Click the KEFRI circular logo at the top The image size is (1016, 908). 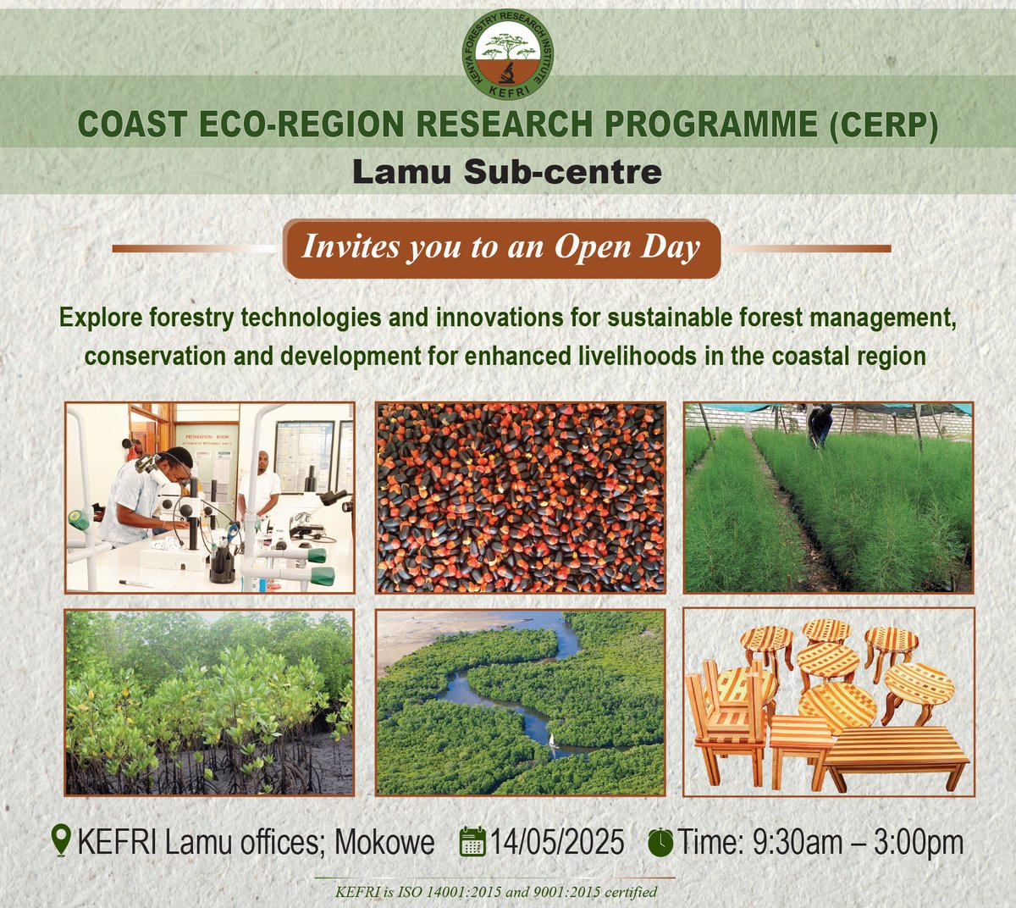point(508,53)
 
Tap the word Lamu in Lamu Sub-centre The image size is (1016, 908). point(400,172)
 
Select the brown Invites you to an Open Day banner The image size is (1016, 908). point(502,248)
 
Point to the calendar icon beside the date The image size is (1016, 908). point(472,843)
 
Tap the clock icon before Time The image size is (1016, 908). point(660,843)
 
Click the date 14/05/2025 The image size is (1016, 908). point(557,843)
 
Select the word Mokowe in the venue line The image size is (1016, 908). point(385,843)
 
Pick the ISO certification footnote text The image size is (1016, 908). point(496,892)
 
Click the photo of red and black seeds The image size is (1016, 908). point(520,497)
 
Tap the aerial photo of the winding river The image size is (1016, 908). point(520,702)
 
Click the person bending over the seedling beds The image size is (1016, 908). point(819,424)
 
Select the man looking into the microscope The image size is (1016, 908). point(152,496)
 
